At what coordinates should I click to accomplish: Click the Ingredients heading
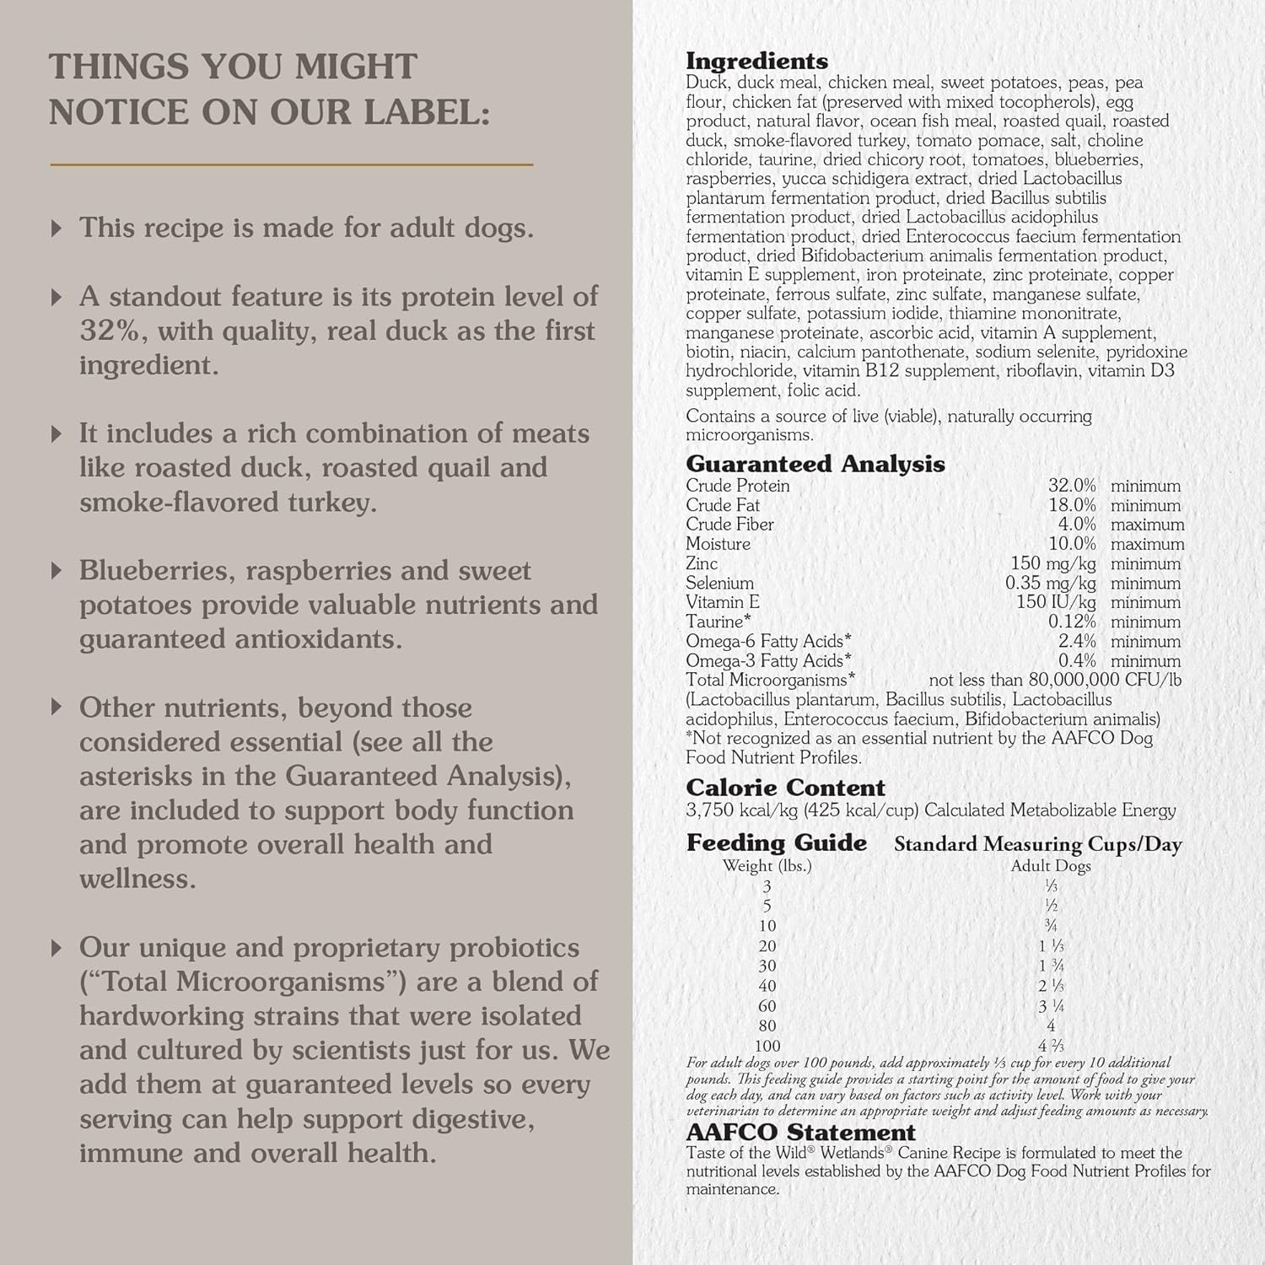tap(756, 61)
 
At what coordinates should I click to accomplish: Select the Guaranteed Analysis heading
tap(815, 464)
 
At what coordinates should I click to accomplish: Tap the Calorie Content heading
tap(785, 788)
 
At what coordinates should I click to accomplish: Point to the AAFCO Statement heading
tap(800, 1132)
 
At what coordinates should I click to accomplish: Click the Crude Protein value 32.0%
tap(1072, 486)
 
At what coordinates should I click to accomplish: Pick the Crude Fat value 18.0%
tap(1072, 505)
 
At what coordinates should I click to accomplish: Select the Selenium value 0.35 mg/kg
tap(1050, 583)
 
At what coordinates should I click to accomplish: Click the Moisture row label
tap(718, 544)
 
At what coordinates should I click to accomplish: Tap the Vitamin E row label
tap(722, 602)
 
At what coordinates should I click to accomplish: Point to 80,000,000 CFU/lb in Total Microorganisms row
tap(1109, 680)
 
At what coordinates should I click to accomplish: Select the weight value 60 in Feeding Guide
tap(767, 1006)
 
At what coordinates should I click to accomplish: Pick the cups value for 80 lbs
tap(1050, 1026)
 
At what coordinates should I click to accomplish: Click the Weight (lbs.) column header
tap(767, 866)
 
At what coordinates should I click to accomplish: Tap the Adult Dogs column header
tap(1050, 866)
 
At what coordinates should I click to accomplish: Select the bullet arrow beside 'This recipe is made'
tap(57, 228)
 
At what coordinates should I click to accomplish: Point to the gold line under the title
tap(291, 164)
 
